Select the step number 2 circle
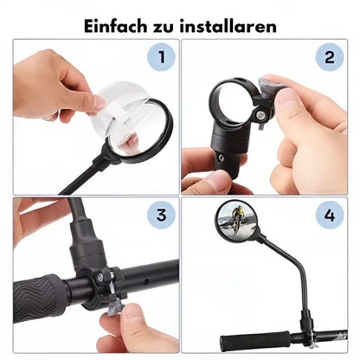[x=328, y=59]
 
